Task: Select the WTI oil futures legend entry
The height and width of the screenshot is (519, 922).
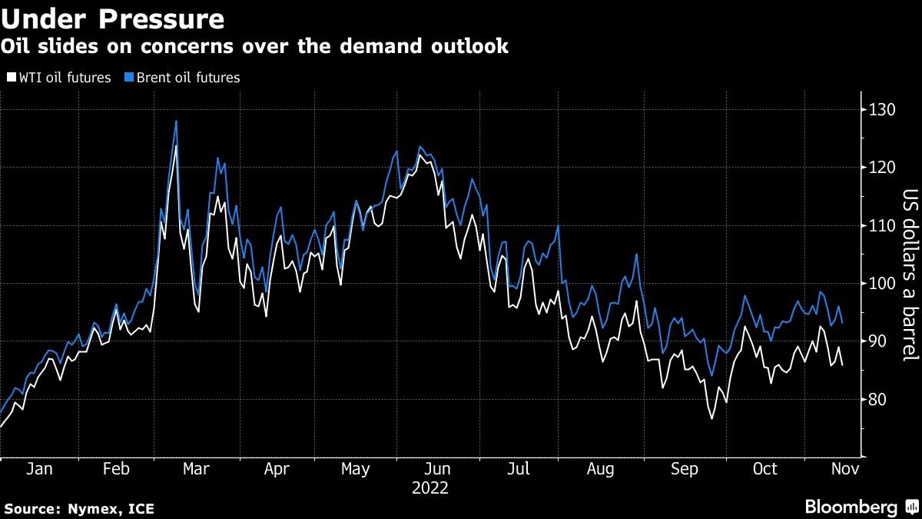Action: (x=60, y=78)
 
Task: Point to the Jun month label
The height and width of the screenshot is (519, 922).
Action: (x=437, y=469)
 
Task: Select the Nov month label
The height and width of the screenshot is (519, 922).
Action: (x=844, y=469)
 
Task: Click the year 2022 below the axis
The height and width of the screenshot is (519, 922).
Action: (x=430, y=488)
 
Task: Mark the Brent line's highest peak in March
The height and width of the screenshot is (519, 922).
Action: (x=177, y=121)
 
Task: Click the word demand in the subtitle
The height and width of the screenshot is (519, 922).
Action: (x=347, y=46)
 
